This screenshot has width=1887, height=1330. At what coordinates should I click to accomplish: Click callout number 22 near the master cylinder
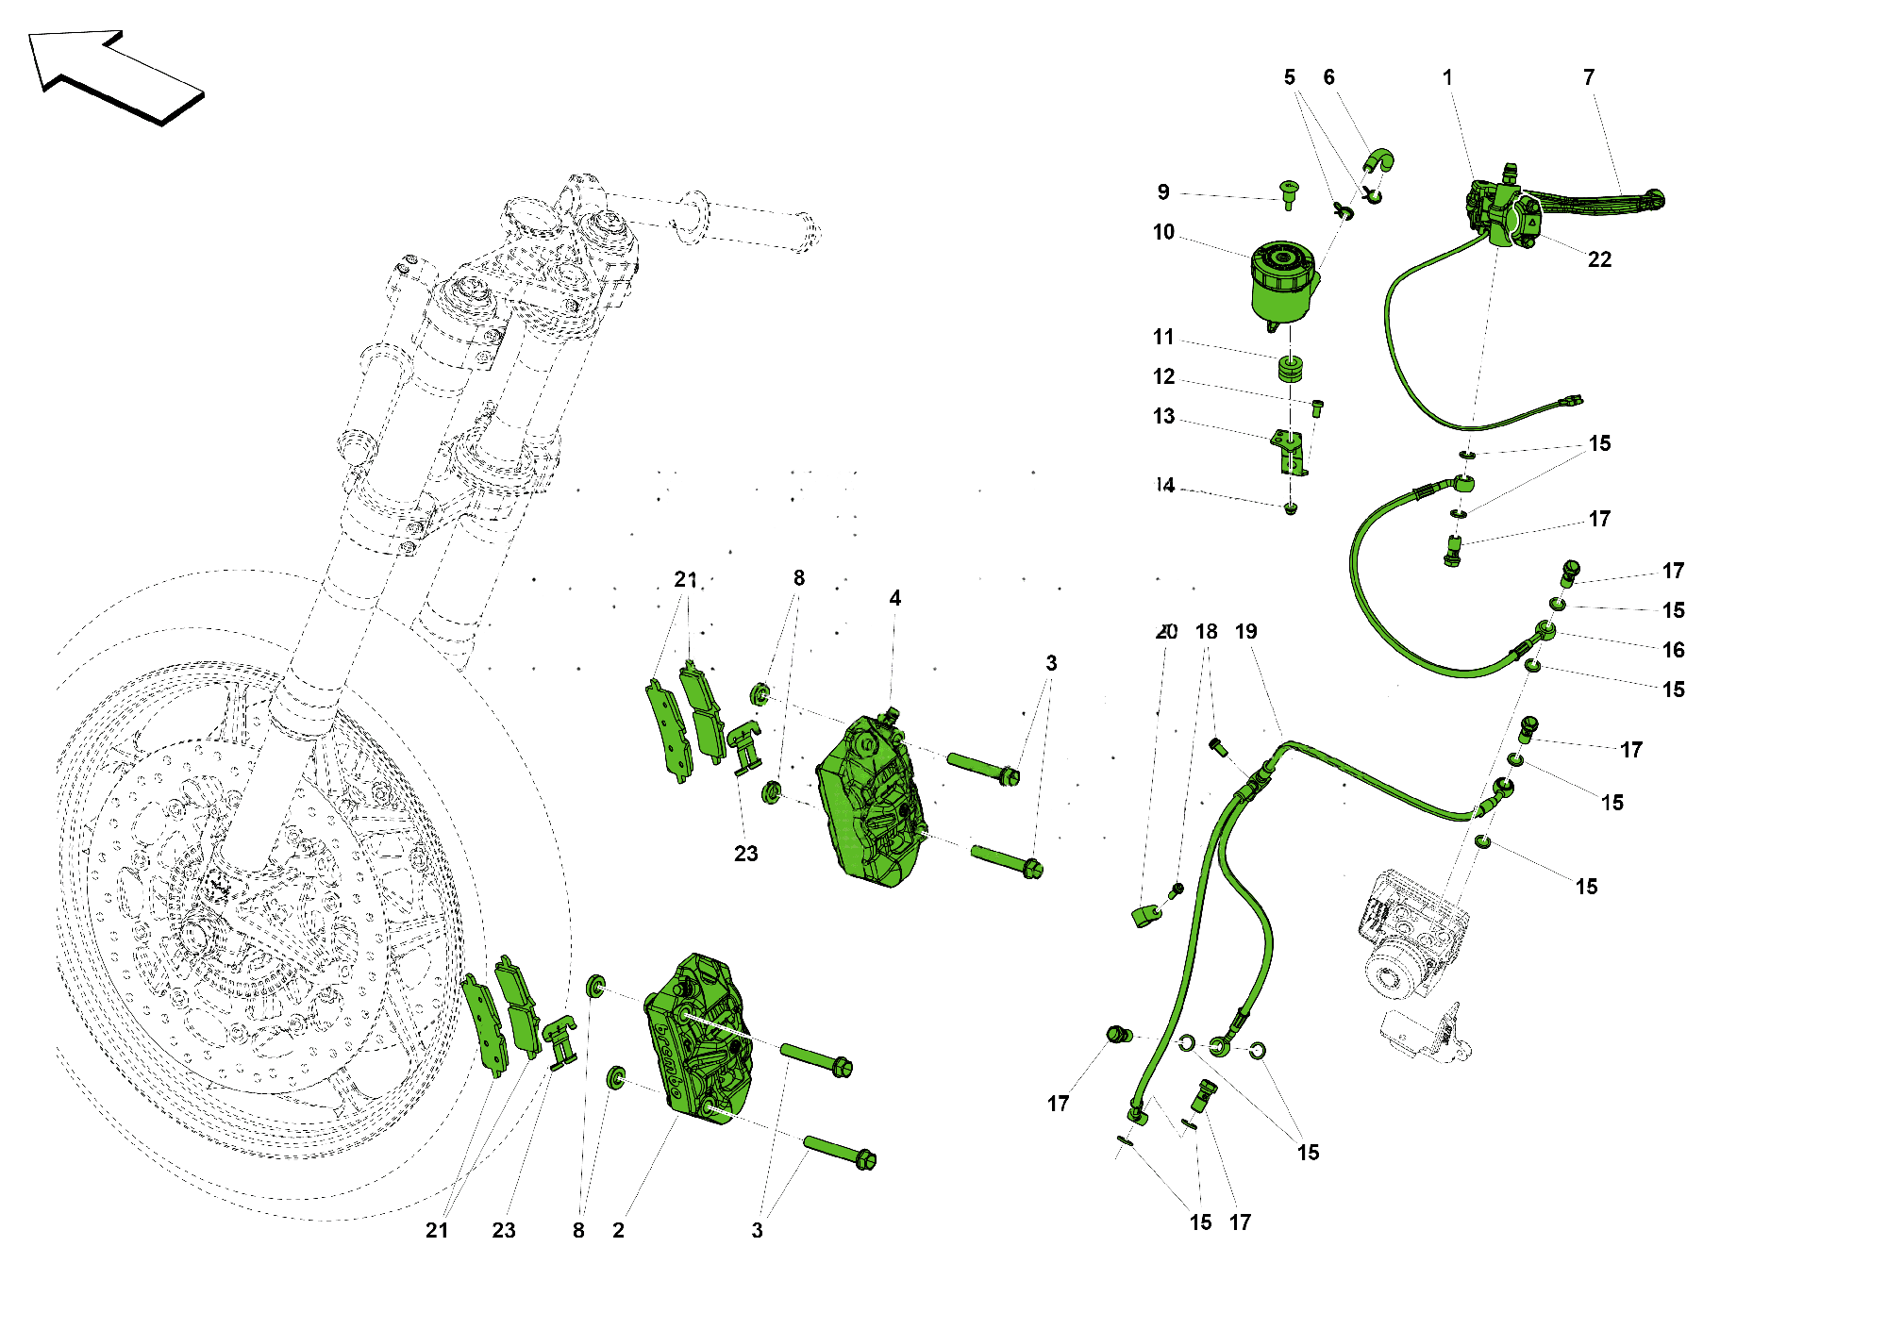point(1599,260)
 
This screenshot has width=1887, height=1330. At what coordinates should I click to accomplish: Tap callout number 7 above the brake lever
point(1589,77)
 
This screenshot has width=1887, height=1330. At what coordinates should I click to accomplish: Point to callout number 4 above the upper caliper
point(894,598)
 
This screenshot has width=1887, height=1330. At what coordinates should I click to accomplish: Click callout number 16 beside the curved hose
point(1673,650)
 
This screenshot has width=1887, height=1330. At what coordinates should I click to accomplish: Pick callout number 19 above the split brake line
point(1245,632)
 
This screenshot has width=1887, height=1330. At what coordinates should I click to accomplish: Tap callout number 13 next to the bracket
point(1163,417)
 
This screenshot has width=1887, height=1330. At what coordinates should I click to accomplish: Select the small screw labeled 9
point(1288,193)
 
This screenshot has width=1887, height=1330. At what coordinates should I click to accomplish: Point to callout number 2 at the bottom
point(618,1230)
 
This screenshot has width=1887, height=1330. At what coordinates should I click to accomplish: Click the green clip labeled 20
point(1146,915)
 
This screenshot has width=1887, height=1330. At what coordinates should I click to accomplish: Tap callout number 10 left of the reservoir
point(1163,232)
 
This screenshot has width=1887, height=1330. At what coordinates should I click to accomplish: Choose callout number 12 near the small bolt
point(1163,376)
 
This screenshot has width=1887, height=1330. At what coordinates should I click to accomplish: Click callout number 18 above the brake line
point(1206,632)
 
